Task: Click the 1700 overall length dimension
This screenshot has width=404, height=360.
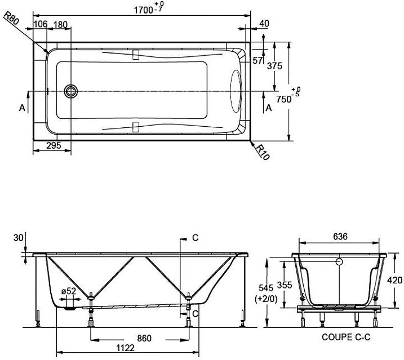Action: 149,9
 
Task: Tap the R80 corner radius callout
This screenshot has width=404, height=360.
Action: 12,18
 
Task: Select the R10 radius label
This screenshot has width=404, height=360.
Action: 263,152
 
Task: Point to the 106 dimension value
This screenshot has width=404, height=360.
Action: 41,24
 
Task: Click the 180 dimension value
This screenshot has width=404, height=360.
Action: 60,24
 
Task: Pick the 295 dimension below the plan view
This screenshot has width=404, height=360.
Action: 54,145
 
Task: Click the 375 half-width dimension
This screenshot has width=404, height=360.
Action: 274,66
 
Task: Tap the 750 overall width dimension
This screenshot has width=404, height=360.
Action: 287,96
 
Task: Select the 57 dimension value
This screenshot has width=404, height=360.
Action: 258,60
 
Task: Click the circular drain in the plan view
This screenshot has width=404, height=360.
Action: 70,91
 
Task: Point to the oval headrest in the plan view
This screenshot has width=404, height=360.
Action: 236,91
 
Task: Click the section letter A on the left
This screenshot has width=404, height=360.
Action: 23,108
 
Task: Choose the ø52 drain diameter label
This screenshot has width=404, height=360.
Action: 69,291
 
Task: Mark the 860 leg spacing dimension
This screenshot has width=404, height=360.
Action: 144,338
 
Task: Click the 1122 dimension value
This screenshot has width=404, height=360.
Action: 126,348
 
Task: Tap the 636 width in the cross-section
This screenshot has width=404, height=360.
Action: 340,236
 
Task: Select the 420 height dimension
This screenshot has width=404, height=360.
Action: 394,280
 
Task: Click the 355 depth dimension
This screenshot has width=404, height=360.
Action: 285,285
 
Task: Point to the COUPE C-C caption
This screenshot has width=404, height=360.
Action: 346,337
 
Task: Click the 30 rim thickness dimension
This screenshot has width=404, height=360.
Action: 18,238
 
